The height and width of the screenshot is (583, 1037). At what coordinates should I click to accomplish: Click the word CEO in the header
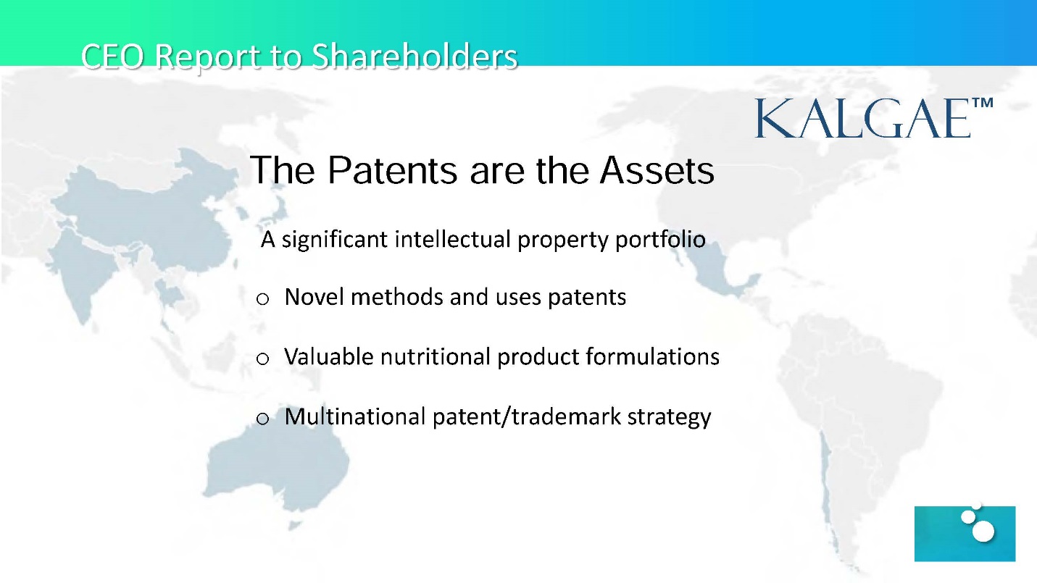click(112, 56)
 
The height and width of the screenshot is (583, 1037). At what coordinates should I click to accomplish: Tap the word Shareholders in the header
click(415, 56)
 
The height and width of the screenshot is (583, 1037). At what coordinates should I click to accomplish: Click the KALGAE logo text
click(863, 119)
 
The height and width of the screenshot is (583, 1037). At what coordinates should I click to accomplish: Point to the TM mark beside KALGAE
click(983, 102)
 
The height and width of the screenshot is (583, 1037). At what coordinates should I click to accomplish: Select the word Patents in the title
click(393, 170)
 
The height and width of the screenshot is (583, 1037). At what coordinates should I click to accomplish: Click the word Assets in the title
click(657, 170)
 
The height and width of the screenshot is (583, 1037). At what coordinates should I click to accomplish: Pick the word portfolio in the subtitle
click(660, 240)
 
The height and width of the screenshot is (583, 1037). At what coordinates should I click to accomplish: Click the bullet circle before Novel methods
click(262, 299)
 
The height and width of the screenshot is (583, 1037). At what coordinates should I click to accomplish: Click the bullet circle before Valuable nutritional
click(262, 358)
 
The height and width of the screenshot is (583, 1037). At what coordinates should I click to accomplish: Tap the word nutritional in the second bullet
click(435, 357)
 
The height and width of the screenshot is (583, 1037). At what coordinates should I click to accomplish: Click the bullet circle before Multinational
click(262, 419)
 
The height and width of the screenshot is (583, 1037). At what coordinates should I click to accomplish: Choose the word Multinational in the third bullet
click(355, 416)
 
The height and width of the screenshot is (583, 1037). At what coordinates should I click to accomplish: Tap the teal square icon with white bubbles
click(965, 533)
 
